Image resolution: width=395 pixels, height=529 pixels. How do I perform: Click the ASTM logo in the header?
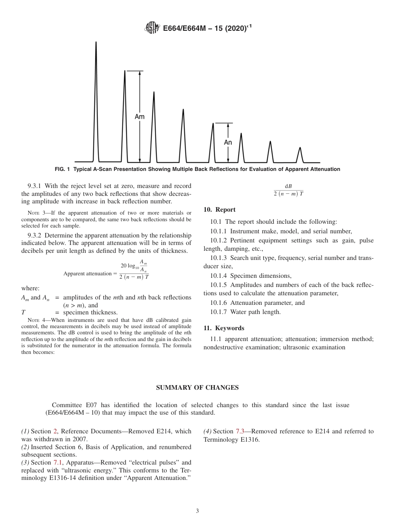(x=151, y=28)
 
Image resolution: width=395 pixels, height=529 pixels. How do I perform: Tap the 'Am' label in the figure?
(x=140, y=117)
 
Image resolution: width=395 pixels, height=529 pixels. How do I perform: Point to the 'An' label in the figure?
(x=228, y=143)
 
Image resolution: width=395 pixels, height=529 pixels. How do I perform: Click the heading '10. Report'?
(x=220, y=210)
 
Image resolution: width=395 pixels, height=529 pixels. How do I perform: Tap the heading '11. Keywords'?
(x=224, y=328)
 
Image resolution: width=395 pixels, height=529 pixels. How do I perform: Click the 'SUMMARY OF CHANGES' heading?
(x=197, y=388)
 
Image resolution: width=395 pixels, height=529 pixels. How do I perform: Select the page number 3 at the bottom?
(x=197, y=511)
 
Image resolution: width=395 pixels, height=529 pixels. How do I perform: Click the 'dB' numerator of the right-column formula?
(x=288, y=186)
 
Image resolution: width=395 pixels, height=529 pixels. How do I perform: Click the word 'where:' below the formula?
(x=30, y=288)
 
